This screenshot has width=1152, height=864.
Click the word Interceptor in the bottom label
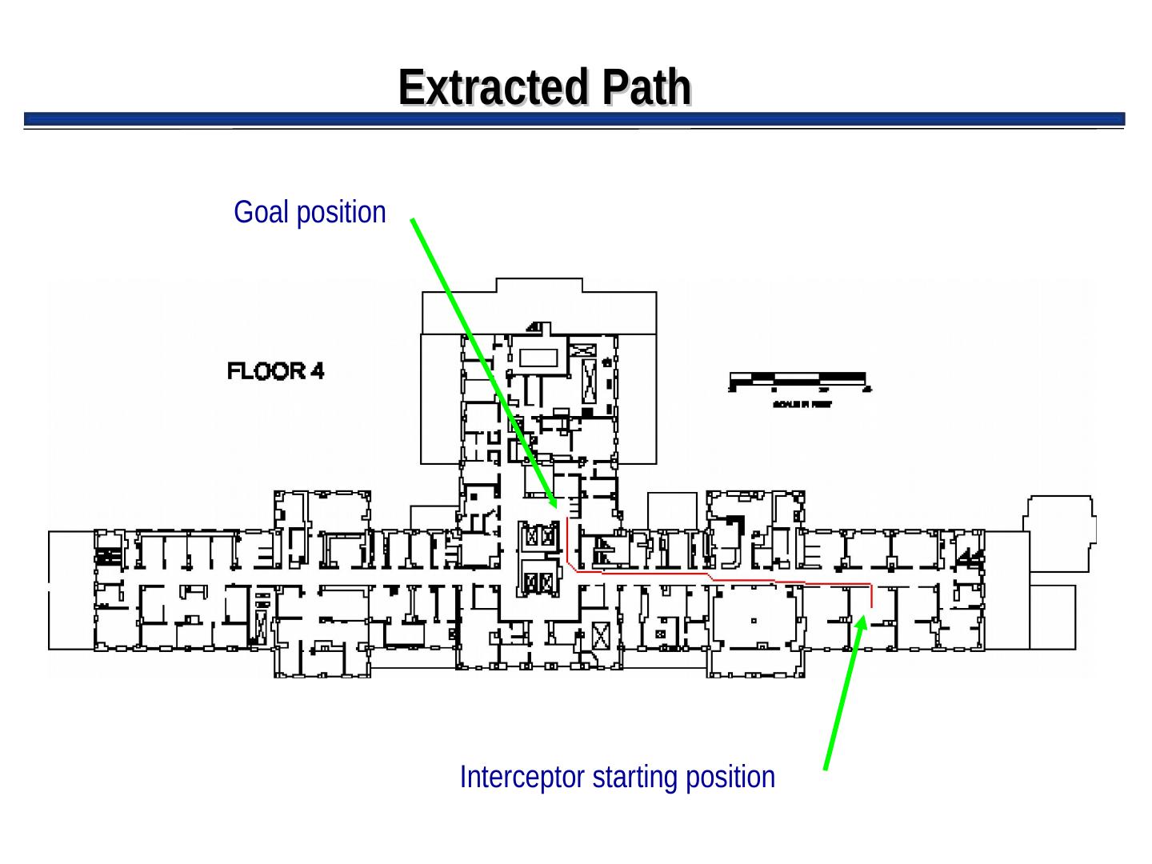522,778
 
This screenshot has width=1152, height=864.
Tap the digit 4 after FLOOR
318,371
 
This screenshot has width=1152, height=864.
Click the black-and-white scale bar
798,378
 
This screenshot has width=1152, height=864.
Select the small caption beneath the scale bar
802,405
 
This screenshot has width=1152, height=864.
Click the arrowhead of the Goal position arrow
553,503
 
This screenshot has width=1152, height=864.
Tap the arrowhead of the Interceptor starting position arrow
861,622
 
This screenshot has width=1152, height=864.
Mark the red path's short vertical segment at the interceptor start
871,596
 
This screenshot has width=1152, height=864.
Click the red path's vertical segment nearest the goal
567,541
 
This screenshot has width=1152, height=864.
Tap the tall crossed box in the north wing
590,381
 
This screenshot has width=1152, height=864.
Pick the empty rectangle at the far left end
71,590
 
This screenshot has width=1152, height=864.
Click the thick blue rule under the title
574,119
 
